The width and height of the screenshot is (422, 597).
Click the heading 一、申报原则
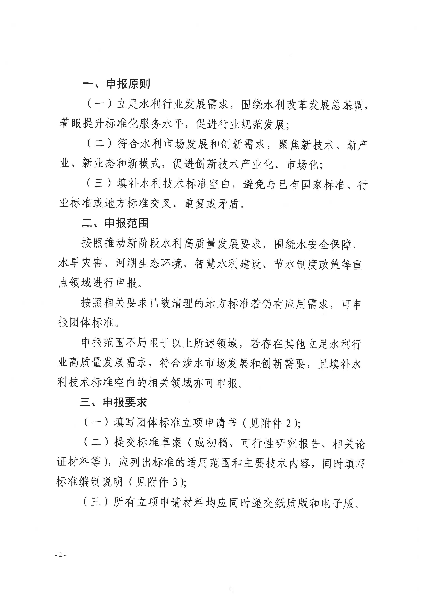pos(116,84)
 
